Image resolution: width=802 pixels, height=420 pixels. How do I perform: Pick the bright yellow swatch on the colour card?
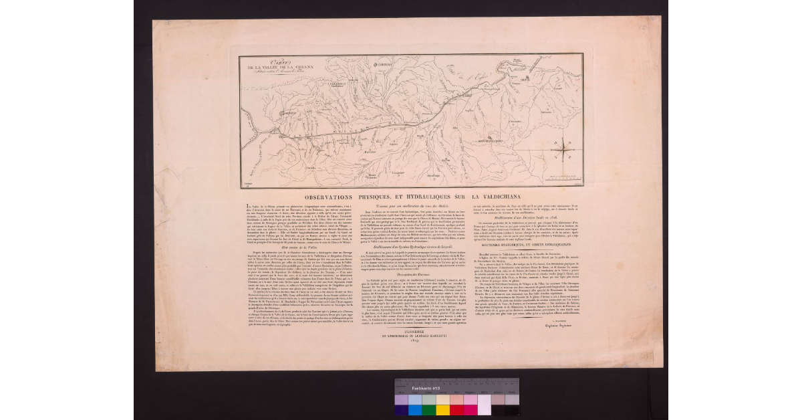442,409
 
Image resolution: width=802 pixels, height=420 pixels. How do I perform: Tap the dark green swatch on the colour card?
428,409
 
